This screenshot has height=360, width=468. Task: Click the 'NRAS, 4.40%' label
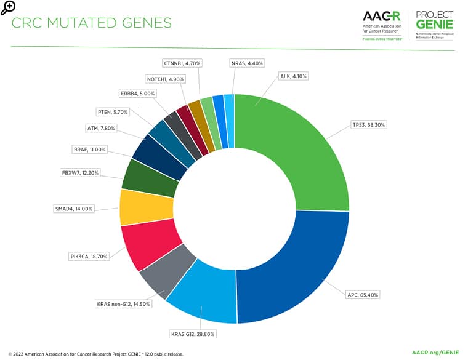point(247,63)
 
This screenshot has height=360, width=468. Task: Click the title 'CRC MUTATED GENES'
point(92,23)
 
